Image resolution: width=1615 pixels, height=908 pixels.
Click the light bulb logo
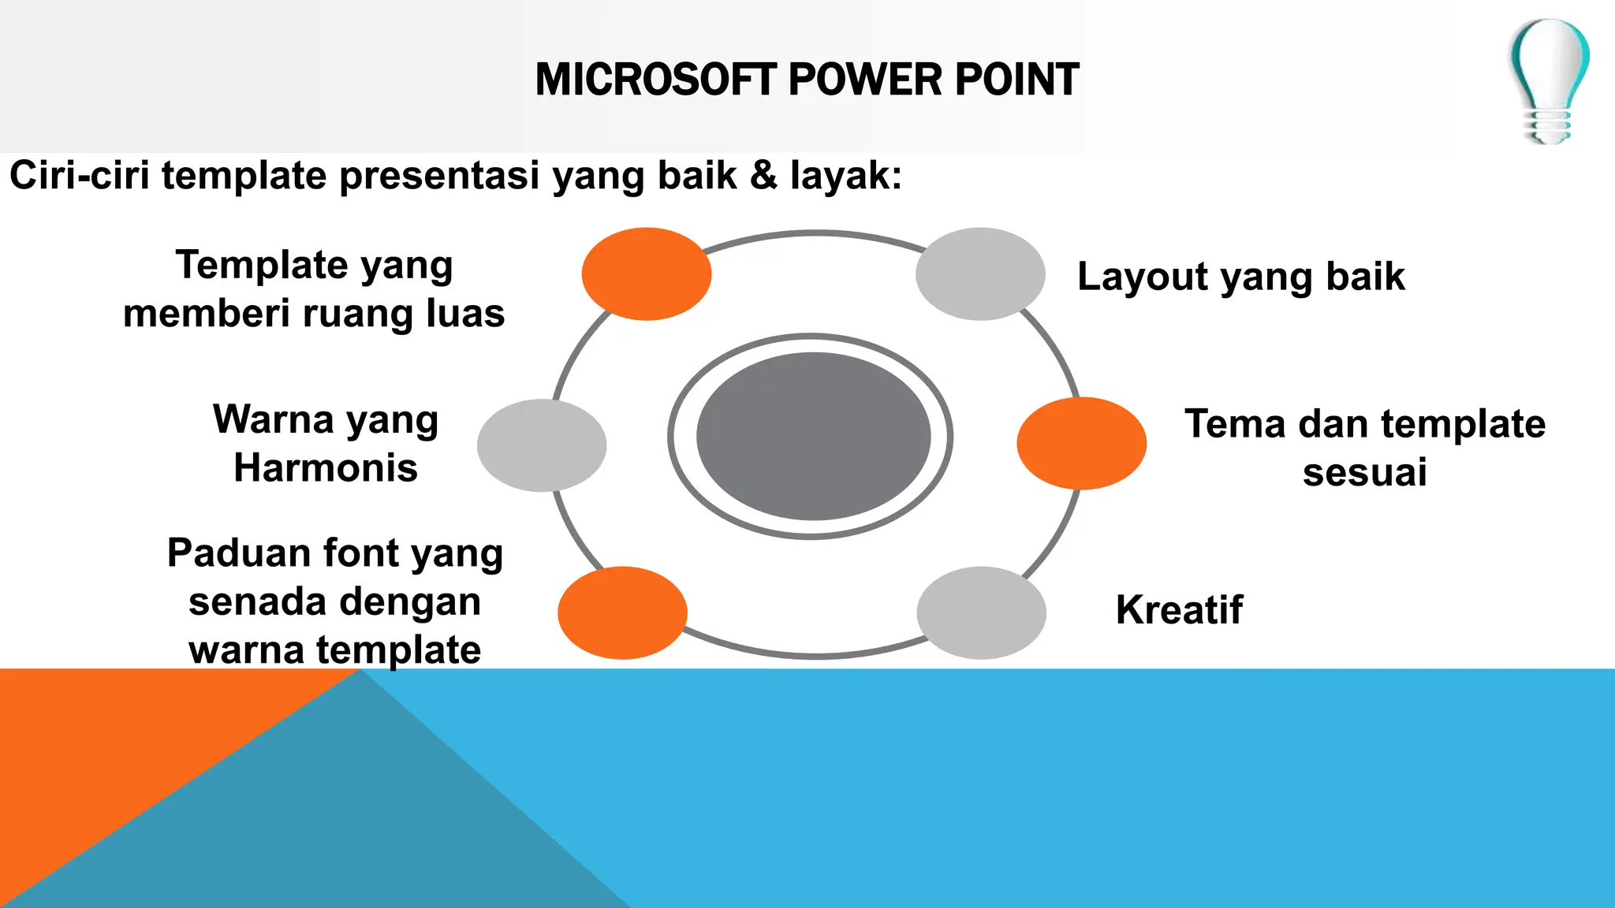pyautogui.click(x=1549, y=80)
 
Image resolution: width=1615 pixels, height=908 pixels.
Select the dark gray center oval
pyautogui.click(x=813, y=436)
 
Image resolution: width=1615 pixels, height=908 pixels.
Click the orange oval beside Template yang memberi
pyautogui.click(x=647, y=274)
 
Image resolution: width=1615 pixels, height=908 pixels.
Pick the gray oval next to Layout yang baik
pyautogui.click(x=980, y=274)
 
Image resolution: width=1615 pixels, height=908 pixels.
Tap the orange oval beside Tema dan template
pyautogui.click(x=1081, y=443)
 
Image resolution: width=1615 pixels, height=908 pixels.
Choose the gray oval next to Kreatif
pyautogui.click(x=981, y=612)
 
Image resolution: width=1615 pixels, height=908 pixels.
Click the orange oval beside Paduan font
pyautogui.click(x=622, y=612)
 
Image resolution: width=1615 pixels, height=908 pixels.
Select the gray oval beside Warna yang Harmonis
pyautogui.click(x=542, y=445)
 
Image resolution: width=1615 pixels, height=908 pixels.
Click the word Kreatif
pyautogui.click(x=1179, y=610)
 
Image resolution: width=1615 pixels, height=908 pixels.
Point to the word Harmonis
pyautogui.click(x=326, y=468)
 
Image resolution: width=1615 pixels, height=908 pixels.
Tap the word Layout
pyautogui.click(x=1143, y=277)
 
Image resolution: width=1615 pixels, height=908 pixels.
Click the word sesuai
pyautogui.click(x=1364, y=473)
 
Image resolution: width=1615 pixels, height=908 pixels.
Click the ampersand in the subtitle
pyautogui.click(x=763, y=175)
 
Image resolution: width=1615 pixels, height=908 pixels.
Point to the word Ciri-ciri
pyautogui.click(x=79, y=175)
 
